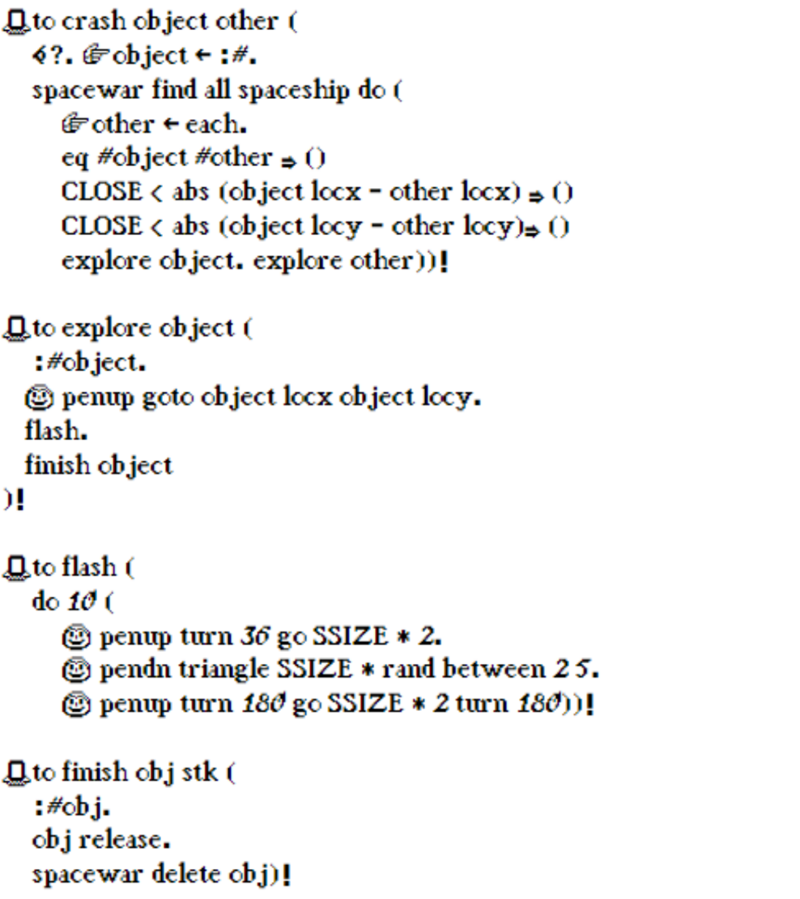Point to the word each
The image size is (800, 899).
pos(215,124)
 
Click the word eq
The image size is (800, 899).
pos(74,159)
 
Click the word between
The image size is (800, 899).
pos(494,669)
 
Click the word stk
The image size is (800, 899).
pos(200,772)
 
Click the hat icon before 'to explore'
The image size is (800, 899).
pos(16,329)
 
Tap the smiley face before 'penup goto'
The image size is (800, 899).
pos(39,398)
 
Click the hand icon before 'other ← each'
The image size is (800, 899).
pos(74,124)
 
